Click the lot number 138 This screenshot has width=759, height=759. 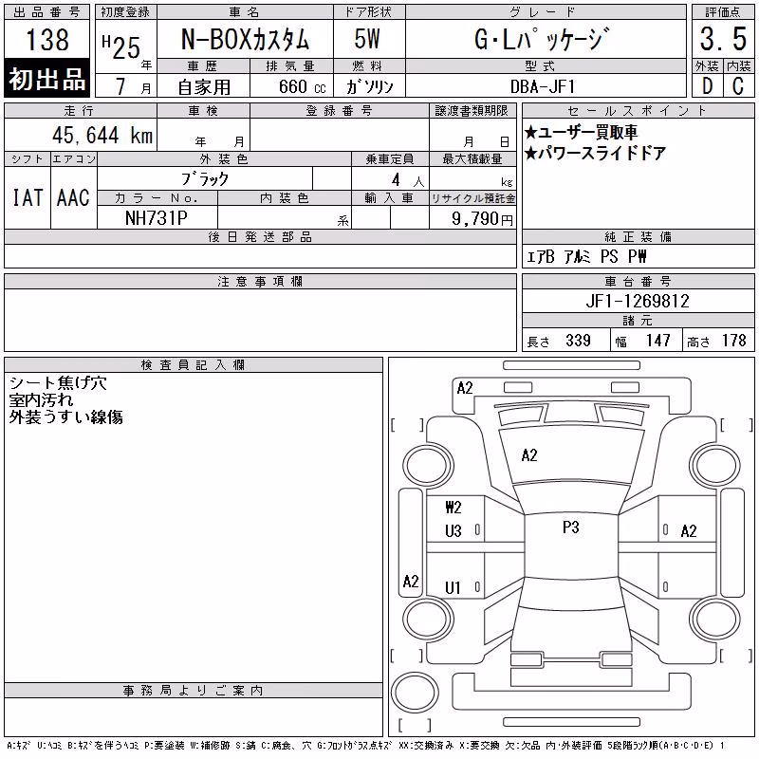(47, 39)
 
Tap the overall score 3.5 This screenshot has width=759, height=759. (723, 39)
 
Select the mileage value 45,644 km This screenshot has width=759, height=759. (102, 135)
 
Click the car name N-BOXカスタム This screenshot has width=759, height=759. (245, 39)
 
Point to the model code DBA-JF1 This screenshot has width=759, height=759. (543, 86)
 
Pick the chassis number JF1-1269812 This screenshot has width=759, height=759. (638, 301)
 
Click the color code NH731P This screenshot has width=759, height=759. (157, 218)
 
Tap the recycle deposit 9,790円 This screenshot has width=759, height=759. (482, 219)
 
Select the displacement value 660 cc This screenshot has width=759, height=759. (302, 86)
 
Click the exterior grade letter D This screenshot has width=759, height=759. (707, 86)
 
